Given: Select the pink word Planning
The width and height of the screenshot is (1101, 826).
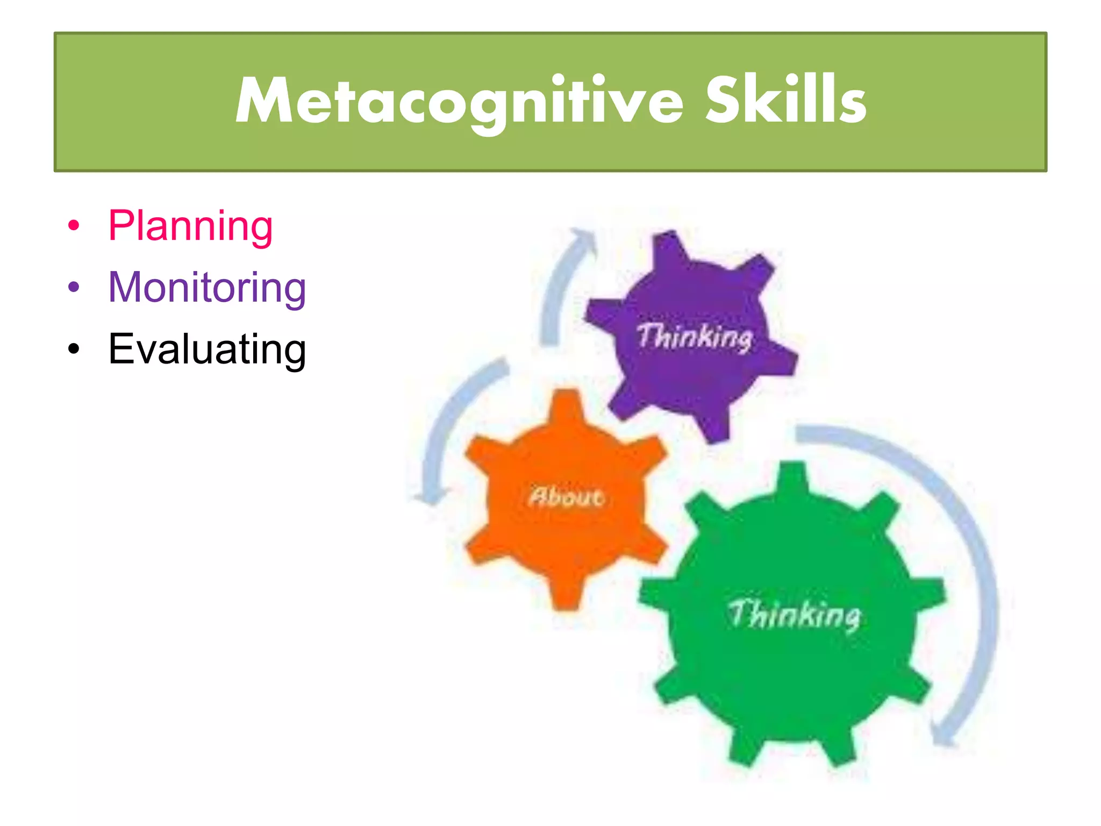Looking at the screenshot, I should click(190, 226).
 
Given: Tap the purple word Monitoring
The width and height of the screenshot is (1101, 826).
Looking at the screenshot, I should click(207, 288).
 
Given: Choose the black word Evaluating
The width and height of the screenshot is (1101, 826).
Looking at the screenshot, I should click(207, 350).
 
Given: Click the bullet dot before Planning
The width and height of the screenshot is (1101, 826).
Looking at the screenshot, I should click(74, 226).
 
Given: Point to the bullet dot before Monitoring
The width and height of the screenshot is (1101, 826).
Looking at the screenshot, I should click(74, 288).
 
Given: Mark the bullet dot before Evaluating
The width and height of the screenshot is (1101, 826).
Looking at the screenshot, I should click(74, 350).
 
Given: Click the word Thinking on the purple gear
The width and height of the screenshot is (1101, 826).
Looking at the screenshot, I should click(695, 337).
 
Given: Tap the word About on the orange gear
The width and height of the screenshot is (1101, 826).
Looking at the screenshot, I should click(566, 496).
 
